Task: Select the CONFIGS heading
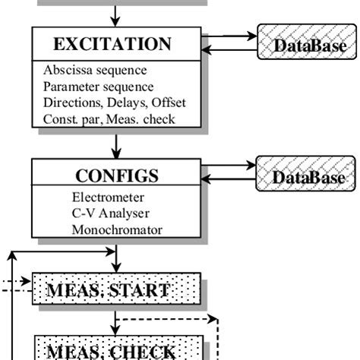pos(117,175)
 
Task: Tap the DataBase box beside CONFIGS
pos(308,178)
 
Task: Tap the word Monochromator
pos(112,229)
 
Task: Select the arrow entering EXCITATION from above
pos(116,14)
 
